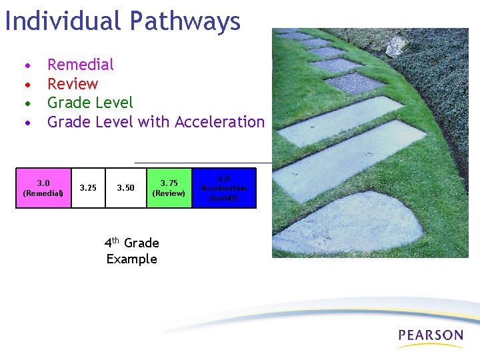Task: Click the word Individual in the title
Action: coord(63,21)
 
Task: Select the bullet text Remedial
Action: coord(81,65)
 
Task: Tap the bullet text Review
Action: coord(73,84)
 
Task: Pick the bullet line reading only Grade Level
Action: coord(90,103)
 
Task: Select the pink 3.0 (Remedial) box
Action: coord(43,188)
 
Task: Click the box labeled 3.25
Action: coord(88,188)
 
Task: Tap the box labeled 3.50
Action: coord(126,188)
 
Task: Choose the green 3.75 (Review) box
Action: coord(169,188)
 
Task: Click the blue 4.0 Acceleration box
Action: coord(224,188)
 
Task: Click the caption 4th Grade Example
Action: coord(132,251)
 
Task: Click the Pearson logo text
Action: coord(430,335)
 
